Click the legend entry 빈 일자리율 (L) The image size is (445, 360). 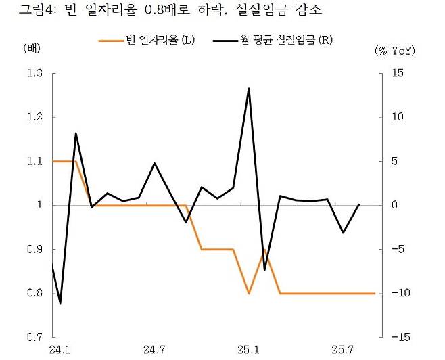coord(147,41)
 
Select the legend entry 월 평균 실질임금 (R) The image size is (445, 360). coord(273,41)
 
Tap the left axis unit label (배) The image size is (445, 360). coord(32,49)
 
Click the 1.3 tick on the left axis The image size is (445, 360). coord(34,73)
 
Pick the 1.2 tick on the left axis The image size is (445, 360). coord(34,117)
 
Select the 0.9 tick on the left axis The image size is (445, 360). coord(34,249)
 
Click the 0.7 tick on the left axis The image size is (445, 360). coord(34,337)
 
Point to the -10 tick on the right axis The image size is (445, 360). coord(397,293)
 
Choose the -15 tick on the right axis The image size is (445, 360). coord(397,337)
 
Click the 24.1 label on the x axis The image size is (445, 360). coord(59,350)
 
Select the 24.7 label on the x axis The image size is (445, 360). coord(154,350)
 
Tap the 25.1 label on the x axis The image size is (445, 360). coord(249,350)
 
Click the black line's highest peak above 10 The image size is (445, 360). coord(249,88)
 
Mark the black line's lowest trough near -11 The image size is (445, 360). coord(60,303)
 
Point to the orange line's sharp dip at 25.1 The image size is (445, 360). coord(249,293)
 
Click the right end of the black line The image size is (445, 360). coord(358,204)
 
